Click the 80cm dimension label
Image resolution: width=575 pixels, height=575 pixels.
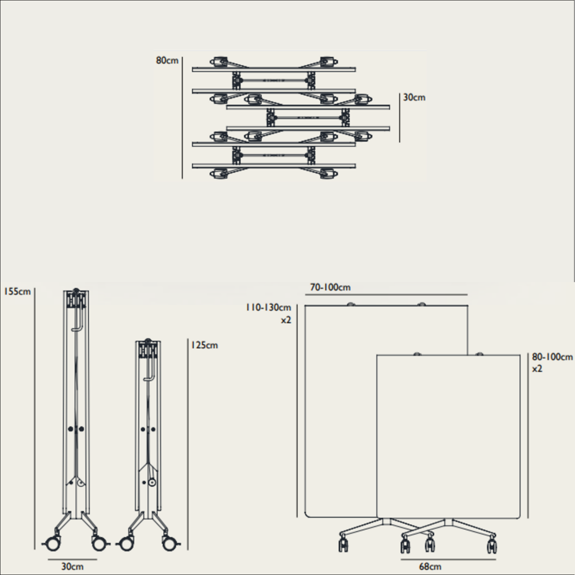[x=167, y=60]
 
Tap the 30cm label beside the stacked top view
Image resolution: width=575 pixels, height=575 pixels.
[x=414, y=97]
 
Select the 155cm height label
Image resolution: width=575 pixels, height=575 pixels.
[x=17, y=292]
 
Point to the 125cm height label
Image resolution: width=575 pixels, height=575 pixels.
[x=205, y=345]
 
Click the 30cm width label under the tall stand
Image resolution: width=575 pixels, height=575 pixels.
[x=72, y=567]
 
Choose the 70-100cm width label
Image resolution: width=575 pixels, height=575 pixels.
[x=330, y=287]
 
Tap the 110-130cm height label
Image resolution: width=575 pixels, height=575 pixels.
[x=268, y=307]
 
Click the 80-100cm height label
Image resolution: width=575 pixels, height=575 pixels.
[x=552, y=357]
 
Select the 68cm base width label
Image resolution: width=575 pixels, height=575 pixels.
[x=430, y=567]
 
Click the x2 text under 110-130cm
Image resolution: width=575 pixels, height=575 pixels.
[x=286, y=320]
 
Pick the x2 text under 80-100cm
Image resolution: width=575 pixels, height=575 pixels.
[x=537, y=369]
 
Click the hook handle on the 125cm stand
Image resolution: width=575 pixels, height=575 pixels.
[x=149, y=369]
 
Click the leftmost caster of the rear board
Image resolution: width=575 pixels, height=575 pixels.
[x=343, y=544]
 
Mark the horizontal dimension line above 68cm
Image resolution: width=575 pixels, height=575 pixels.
[x=448, y=559]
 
